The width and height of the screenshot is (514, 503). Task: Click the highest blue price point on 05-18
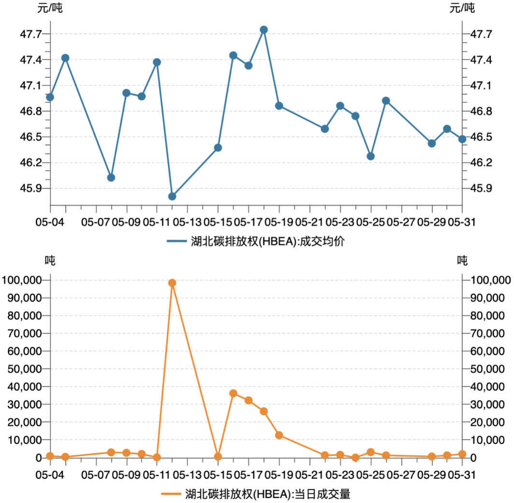[264, 29]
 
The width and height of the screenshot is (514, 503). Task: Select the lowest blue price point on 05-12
[172, 196]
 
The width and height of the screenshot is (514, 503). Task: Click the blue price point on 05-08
[111, 178]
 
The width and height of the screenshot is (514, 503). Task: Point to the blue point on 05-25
[371, 156]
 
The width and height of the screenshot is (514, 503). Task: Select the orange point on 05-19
[279, 435]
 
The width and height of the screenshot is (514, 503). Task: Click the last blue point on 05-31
[462, 139]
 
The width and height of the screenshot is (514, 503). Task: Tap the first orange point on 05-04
[50, 456]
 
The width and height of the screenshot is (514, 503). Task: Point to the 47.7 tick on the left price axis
[33, 34]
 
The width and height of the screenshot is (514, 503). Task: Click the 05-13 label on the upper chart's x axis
[187, 222]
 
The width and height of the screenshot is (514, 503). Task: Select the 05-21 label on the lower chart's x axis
[309, 475]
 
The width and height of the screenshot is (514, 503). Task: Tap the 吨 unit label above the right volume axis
[462, 261]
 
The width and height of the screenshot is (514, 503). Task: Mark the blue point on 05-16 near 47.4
[233, 56]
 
